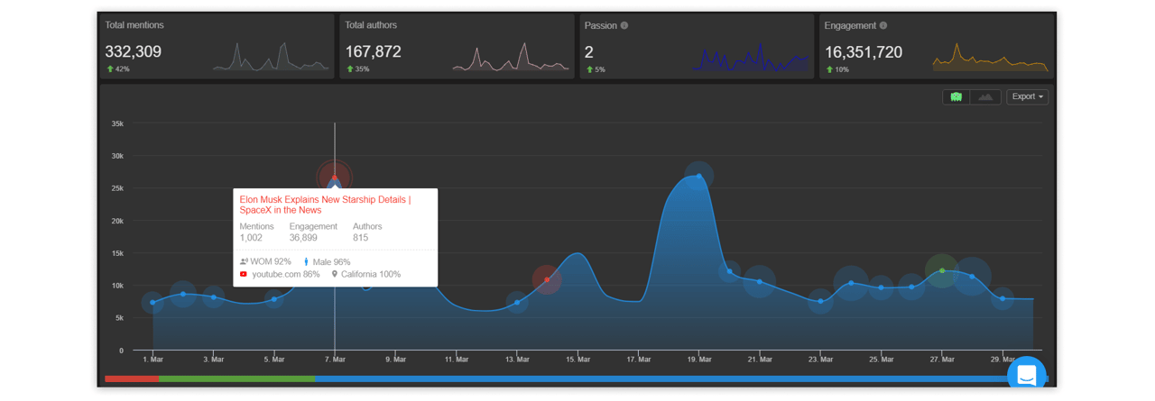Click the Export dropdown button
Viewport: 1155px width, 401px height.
pyautogui.click(x=1027, y=96)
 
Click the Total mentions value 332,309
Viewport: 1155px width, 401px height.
pyautogui.click(x=133, y=51)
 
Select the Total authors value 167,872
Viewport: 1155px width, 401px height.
pyautogui.click(x=373, y=51)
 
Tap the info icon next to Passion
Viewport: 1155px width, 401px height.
pyautogui.click(x=624, y=25)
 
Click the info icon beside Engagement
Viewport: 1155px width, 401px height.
pyautogui.click(x=883, y=25)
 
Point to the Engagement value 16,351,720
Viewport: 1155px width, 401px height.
pyautogui.click(x=864, y=52)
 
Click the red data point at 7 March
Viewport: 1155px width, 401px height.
pyautogui.click(x=335, y=178)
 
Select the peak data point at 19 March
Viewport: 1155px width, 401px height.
pyautogui.click(x=698, y=176)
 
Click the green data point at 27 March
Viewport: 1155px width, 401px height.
pyautogui.click(x=942, y=270)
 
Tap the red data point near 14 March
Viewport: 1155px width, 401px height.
pyautogui.click(x=547, y=279)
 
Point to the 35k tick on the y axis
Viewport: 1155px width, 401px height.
pyautogui.click(x=117, y=123)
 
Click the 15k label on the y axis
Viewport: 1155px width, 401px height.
pyautogui.click(x=117, y=253)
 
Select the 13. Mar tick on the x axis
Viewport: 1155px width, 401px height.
pyautogui.click(x=517, y=360)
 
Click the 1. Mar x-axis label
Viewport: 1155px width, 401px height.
pyautogui.click(x=153, y=360)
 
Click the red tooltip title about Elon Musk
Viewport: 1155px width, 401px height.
pyautogui.click(x=325, y=205)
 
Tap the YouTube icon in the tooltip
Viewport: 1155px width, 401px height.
pyautogui.click(x=244, y=274)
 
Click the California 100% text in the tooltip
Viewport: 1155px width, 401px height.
pyautogui.click(x=371, y=274)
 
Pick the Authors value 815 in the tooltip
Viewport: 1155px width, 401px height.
pyautogui.click(x=360, y=237)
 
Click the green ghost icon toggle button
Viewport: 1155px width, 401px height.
pyautogui.click(x=956, y=96)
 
